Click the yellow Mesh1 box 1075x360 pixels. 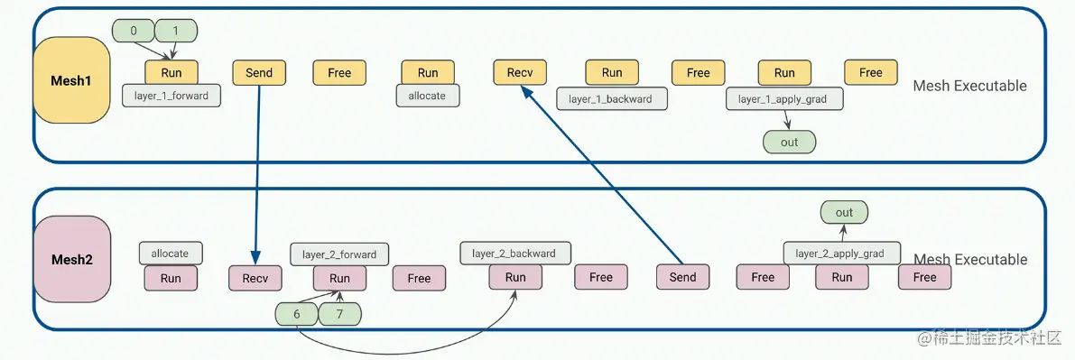tap(71, 80)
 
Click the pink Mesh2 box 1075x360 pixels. tap(71, 259)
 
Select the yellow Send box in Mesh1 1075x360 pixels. tap(259, 73)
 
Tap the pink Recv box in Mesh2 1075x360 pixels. tap(255, 278)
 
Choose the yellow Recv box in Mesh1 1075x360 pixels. tap(519, 73)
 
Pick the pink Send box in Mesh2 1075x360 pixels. tap(682, 277)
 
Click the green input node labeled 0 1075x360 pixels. tap(134, 31)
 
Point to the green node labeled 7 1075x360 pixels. tap(339, 314)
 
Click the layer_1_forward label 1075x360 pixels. tap(171, 96)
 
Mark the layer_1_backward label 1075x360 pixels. tap(612, 98)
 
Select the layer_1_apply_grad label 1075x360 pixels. tap(783, 98)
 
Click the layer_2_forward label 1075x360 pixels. tap(339, 254)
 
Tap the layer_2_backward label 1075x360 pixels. tap(514, 253)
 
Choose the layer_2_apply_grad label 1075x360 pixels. tap(840, 254)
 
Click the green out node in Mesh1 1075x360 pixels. tap(789, 142)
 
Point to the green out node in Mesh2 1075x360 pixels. tap(843, 213)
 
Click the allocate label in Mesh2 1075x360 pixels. tap(170, 253)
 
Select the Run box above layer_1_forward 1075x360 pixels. tap(171, 73)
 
